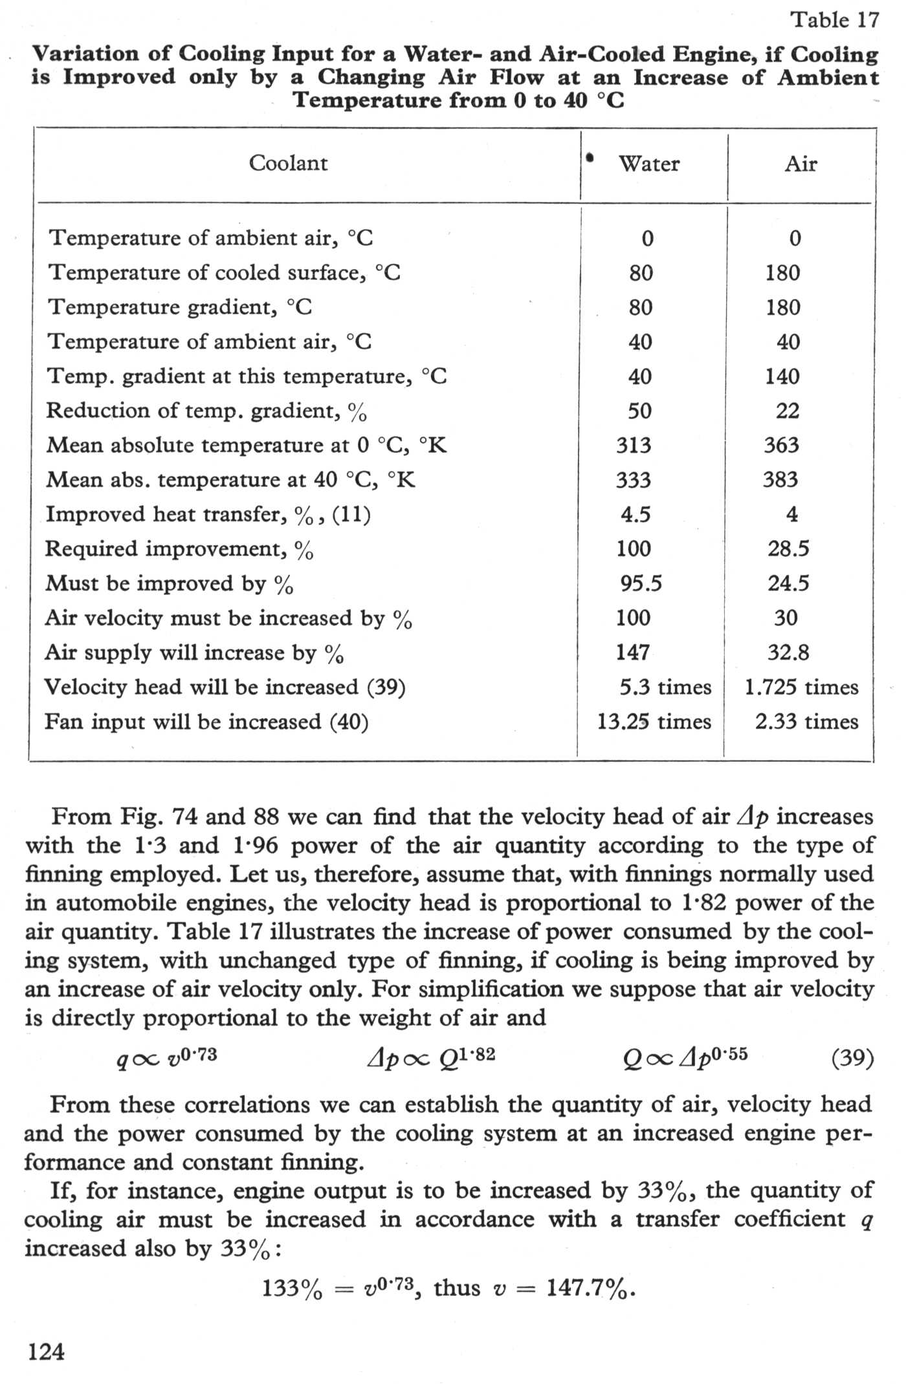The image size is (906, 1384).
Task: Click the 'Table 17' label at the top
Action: pos(835,21)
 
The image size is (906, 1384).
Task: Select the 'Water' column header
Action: pos(648,164)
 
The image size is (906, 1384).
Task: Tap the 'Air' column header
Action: pos(801,164)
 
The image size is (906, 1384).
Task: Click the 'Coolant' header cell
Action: pos(288,163)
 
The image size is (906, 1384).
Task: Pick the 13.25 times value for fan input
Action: pos(654,722)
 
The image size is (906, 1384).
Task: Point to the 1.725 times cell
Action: pos(801,687)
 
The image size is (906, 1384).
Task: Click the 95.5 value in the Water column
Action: pos(641,583)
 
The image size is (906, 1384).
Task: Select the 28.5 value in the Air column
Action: pos(788,549)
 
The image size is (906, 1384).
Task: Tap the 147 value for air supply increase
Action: pos(633,653)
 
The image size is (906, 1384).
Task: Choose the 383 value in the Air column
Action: pos(780,480)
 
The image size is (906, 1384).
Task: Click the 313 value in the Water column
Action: pos(634,446)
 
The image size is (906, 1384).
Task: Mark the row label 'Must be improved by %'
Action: pos(169,584)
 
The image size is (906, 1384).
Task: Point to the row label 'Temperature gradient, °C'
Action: pos(181,307)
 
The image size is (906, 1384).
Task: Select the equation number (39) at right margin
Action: pos(852,1059)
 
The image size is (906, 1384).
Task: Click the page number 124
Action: pos(47,1352)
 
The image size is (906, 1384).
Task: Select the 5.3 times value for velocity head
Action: pos(665,687)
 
